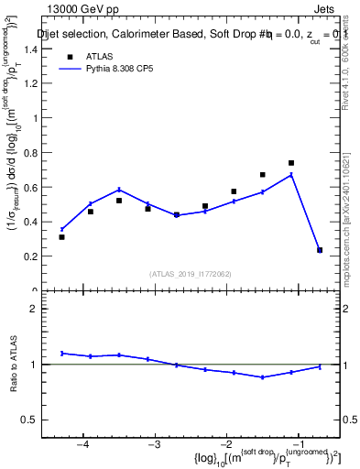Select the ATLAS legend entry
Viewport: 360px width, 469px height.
click(x=96, y=56)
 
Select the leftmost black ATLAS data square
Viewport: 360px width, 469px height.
click(x=61, y=237)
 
